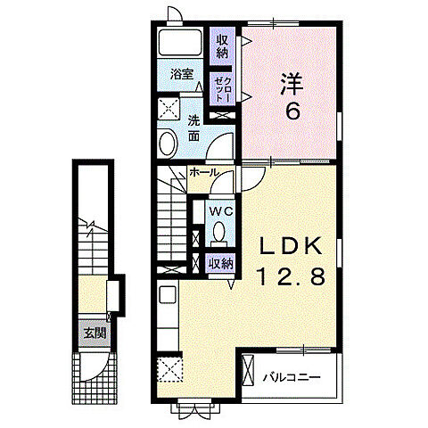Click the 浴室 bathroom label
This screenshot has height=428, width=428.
(x=182, y=74)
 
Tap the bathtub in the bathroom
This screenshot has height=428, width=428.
(x=182, y=44)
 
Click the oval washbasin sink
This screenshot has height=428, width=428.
(x=169, y=143)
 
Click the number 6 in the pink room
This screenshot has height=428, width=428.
(x=292, y=113)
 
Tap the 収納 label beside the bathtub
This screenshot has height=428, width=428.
(x=222, y=45)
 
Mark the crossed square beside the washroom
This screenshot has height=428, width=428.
(x=169, y=110)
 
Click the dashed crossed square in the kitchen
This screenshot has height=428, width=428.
(x=169, y=369)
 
